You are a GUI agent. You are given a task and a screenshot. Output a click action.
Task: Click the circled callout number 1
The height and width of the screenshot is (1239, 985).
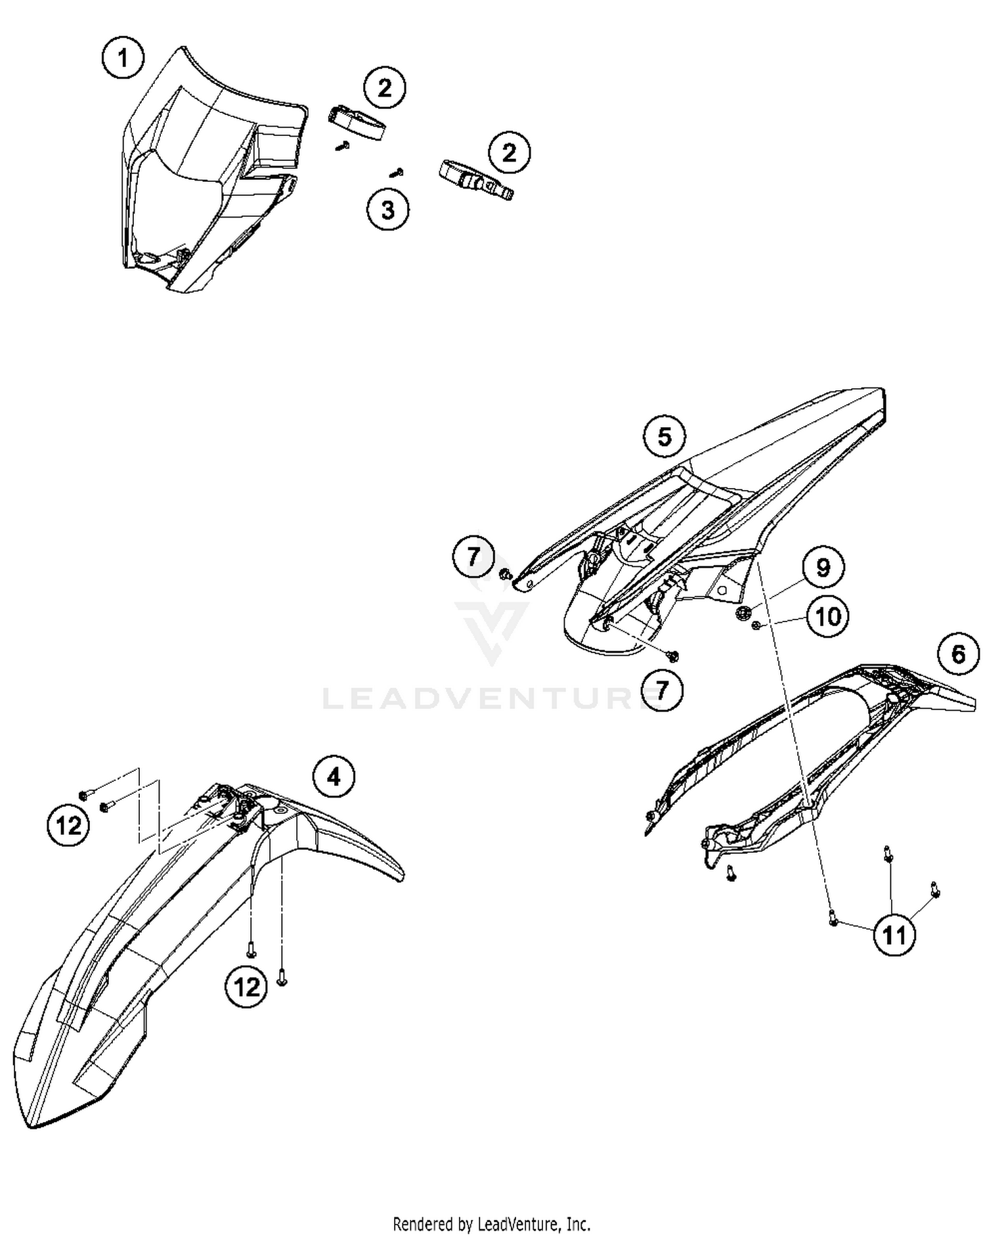[x=123, y=58]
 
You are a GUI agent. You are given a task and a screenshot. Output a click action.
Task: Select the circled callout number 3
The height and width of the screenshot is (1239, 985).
[x=388, y=210]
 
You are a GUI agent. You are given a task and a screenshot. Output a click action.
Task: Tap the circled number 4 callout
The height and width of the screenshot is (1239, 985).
[x=334, y=777]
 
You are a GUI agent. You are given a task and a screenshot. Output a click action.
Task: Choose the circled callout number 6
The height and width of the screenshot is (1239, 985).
[x=958, y=654]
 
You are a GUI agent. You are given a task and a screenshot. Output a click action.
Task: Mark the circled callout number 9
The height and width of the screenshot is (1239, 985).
[x=823, y=567]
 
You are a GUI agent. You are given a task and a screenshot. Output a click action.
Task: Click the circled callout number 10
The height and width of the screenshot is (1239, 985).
[x=828, y=617]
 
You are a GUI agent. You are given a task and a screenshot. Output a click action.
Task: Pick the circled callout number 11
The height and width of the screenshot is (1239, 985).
[x=894, y=935]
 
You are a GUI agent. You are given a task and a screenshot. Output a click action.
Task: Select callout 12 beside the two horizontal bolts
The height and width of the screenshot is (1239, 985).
[x=68, y=825]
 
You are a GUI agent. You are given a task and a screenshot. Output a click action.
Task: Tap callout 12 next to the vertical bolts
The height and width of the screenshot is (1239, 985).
[x=246, y=986]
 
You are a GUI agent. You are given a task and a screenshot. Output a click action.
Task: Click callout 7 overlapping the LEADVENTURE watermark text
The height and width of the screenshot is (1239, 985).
[x=662, y=690]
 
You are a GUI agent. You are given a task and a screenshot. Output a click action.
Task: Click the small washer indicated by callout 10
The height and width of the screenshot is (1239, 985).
[x=756, y=625]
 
